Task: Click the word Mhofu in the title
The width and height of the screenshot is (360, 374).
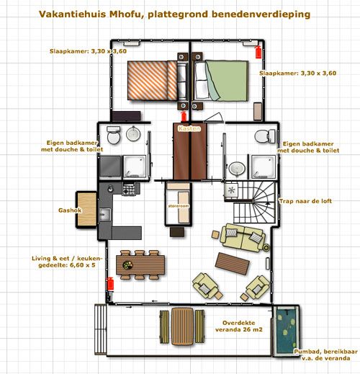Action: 126,14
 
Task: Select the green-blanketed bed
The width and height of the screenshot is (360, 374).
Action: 221,81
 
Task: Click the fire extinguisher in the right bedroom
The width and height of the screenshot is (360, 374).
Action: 258,53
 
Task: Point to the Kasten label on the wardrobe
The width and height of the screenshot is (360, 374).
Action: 189,128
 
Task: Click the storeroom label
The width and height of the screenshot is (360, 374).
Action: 179,206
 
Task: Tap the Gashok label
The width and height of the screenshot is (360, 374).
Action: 70,210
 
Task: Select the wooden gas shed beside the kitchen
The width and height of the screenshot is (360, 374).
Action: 86,210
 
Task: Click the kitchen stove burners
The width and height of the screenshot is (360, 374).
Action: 129,189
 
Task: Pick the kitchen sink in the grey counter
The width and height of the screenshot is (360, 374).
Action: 105,215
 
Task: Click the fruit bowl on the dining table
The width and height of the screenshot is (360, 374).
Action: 127,265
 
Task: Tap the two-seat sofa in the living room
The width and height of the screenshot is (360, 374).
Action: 243,237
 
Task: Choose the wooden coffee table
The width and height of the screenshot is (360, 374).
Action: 233,264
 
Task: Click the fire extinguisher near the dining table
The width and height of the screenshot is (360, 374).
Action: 110,283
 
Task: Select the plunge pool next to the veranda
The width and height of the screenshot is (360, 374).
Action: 286,330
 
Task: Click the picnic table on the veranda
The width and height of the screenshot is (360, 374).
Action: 182,326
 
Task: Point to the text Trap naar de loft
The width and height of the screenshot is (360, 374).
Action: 305,201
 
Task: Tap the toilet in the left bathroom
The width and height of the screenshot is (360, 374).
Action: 114,135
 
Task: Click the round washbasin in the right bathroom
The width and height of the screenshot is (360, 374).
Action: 237,168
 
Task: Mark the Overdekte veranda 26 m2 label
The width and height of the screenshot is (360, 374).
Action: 239,326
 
